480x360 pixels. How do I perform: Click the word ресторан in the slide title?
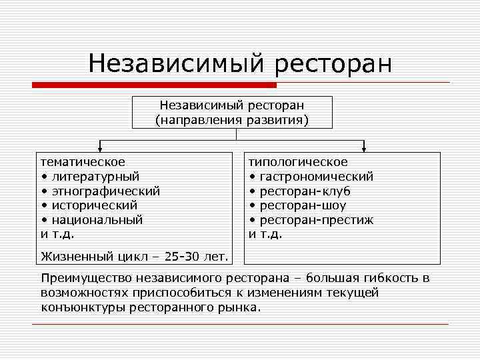tap(331, 65)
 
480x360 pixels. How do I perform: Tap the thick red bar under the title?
tap(155, 85)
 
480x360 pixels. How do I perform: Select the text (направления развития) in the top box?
tap(232, 121)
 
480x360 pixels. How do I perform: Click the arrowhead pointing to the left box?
tap(100, 148)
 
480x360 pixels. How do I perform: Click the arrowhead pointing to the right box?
tap(364, 148)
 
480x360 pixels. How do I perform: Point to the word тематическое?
tap(83, 162)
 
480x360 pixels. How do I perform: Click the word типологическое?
tap(298, 162)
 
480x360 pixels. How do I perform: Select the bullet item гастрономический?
tap(316, 177)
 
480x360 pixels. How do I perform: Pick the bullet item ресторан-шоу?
tap(303, 205)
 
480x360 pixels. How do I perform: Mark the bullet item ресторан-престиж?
tap(316, 220)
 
